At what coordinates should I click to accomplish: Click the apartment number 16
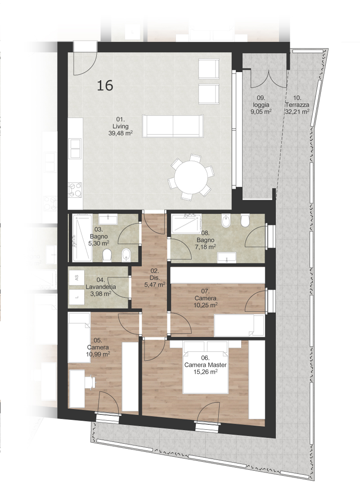(x=105, y=86)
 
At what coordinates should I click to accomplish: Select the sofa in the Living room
(x=173, y=126)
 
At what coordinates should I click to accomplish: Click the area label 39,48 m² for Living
(x=121, y=133)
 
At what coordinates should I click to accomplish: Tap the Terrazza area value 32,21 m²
(x=297, y=111)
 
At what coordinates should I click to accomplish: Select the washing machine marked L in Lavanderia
(x=76, y=297)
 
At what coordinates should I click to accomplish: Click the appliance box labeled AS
(x=76, y=277)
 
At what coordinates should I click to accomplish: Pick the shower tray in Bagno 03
(x=82, y=238)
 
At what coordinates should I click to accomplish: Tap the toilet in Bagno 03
(x=107, y=255)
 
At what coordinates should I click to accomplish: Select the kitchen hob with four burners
(x=75, y=190)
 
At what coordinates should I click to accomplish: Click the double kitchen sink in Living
(x=76, y=148)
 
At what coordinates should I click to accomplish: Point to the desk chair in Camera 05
(x=90, y=383)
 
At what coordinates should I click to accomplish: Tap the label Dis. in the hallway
(x=155, y=278)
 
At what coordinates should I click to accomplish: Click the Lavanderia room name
(x=101, y=287)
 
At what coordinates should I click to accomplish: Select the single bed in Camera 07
(x=239, y=325)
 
